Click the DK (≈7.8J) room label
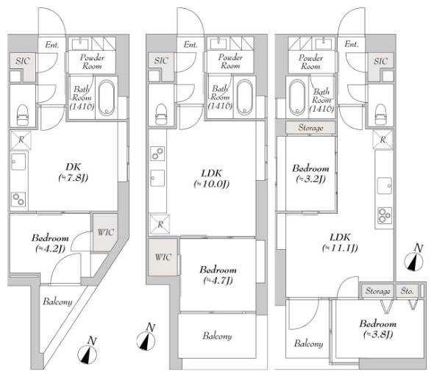tap(74, 172)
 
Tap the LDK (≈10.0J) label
tap(212, 179)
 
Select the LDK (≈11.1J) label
tap(340, 243)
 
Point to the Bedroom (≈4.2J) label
tap(50, 243)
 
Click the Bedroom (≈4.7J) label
tap(218, 275)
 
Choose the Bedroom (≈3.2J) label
tap(311, 173)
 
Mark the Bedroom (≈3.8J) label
tap(378, 329)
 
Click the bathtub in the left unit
tap(107, 98)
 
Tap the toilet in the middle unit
tap(161, 114)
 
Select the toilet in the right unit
tap(381, 114)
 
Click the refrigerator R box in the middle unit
tap(160, 224)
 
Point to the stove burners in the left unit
tap(19, 199)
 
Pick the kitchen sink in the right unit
tap(385, 186)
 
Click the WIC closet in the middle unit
tap(163, 257)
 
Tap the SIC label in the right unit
tap(380, 61)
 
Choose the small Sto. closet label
tap(408, 291)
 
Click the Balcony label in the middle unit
tap(217, 336)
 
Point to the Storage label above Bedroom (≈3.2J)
tap(310, 128)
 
